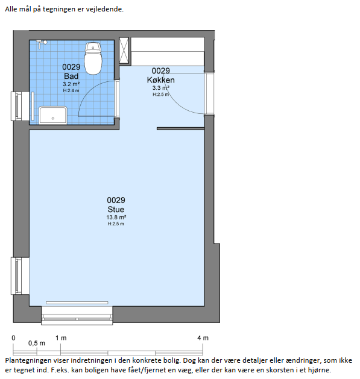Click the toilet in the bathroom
click(x=93, y=58)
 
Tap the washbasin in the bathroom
click(x=53, y=115)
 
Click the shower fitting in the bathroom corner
click(x=42, y=44)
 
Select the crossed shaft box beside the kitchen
click(x=124, y=50)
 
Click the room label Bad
click(x=71, y=76)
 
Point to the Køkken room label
click(x=160, y=80)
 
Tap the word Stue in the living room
click(x=116, y=209)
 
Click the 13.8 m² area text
click(x=116, y=217)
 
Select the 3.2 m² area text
click(x=71, y=84)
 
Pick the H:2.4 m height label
click(x=71, y=90)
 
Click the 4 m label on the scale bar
click(x=203, y=337)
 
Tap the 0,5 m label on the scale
click(x=37, y=343)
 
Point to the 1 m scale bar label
click(x=61, y=337)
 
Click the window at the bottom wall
click(x=77, y=315)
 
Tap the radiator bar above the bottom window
click(x=77, y=302)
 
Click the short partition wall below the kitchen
click(x=180, y=128)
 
